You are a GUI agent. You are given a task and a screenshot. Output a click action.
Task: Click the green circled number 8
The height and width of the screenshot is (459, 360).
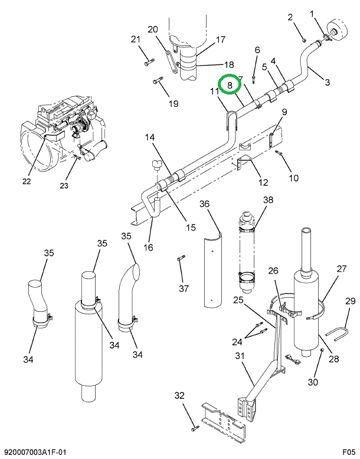point(230,86)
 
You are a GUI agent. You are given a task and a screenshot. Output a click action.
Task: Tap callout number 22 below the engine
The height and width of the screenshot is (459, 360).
point(26,181)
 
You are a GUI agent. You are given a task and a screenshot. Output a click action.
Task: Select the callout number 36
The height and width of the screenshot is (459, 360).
point(204,204)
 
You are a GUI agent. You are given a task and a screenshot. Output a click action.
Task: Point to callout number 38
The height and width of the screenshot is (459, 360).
point(269,200)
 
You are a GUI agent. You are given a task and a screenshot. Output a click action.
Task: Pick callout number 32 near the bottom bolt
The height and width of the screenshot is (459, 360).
point(179,395)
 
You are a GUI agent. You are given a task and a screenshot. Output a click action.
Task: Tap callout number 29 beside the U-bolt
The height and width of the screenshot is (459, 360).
point(349,301)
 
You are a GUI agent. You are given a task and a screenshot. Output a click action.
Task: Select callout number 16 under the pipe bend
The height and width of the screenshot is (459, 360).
point(148,247)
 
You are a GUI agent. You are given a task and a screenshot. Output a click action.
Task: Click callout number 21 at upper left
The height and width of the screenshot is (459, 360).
point(135,40)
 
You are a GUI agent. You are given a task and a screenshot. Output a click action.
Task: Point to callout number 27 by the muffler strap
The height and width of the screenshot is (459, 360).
point(342,268)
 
